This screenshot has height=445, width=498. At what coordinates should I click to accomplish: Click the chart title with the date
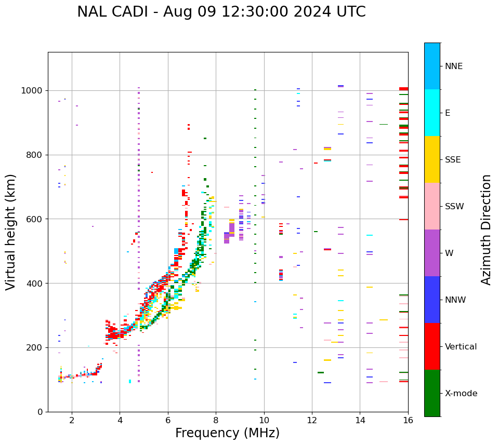pyautogui.click(x=221, y=12)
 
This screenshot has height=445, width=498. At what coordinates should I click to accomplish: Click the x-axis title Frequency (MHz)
pyautogui.click(x=227, y=433)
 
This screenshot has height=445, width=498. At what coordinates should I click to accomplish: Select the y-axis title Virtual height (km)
pyautogui.click(x=11, y=232)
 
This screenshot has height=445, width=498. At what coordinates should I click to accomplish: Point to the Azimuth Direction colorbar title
pyautogui.click(x=486, y=230)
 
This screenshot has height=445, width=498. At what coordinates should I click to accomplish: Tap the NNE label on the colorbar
pyautogui.click(x=453, y=66)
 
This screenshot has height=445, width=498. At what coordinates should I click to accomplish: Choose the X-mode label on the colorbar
pyautogui.click(x=461, y=394)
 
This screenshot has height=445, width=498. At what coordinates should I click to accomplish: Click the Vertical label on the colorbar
pyautogui.click(x=461, y=347)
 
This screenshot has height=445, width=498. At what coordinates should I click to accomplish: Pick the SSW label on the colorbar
pyautogui.click(x=454, y=207)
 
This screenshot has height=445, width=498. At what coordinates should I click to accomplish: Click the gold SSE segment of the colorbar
pyautogui.click(x=432, y=159)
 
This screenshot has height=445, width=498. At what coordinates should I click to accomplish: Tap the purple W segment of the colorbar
pyautogui.click(x=432, y=253)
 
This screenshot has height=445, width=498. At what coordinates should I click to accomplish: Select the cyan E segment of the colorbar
pyautogui.click(x=432, y=113)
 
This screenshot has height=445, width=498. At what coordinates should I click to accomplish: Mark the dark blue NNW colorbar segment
pyautogui.click(x=432, y=300)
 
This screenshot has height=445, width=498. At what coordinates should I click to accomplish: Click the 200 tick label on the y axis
pyautogui.click(x=35, y=347)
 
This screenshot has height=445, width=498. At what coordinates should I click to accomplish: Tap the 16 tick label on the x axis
pyautogui.click(x=408, y=420)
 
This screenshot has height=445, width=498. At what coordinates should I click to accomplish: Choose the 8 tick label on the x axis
pyautogui.click(x=216, y=420)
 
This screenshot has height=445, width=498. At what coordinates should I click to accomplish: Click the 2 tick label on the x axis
pyautogui.click(x=72, y=420)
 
